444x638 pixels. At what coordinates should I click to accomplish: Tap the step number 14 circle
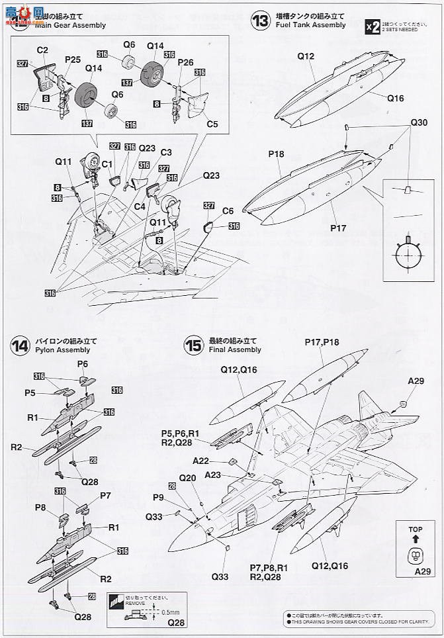point(20,345)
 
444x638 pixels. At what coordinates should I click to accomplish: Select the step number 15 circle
point(194,345)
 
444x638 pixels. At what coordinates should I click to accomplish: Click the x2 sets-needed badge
point(373,26)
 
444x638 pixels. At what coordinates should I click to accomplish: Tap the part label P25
point(73,60)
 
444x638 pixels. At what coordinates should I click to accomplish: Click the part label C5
point(212,124)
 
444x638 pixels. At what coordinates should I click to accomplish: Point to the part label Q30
point(419,123)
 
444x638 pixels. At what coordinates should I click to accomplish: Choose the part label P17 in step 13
point(337,228)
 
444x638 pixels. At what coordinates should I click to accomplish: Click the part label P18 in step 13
point(276,154)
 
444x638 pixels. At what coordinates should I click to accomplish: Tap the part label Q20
point(187,478)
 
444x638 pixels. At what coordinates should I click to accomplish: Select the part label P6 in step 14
point(83,364)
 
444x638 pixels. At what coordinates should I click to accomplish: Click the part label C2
point(42,50)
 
